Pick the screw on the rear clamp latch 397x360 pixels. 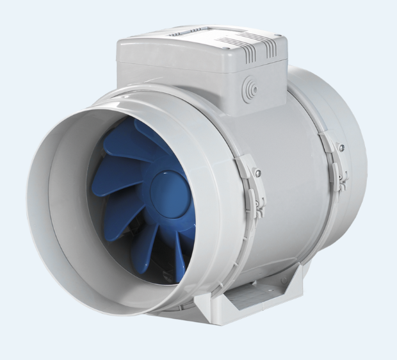tap(341, 148)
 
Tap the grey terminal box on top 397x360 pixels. tap(199, 70)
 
